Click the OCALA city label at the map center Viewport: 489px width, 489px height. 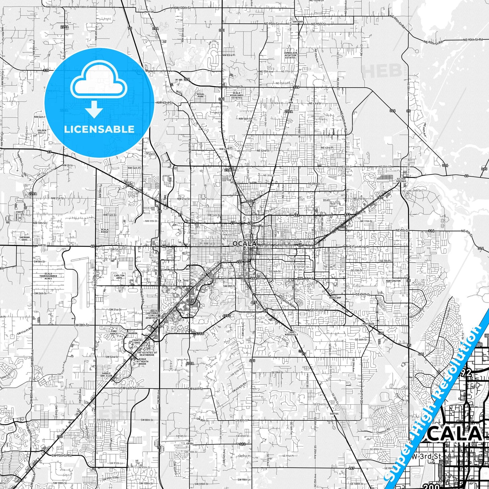click(x=244, y=244)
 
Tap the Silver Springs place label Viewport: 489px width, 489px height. click(x=401, y=180)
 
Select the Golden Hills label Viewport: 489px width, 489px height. click(x=42, y=132)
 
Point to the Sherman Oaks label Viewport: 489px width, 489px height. click(x=25, y=239)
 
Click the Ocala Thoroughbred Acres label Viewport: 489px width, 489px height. click(x=48, y=276)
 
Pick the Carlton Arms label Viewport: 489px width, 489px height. click(x=119, y=277)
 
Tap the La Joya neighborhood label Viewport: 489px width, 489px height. click(x=183, y=281)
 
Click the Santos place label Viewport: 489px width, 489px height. click(x=334, y=414)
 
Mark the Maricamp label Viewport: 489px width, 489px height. click(x=335, y=298)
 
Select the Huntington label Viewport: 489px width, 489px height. click(x=393, y=281)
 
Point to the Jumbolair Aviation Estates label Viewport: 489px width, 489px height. click(x=290, y=55)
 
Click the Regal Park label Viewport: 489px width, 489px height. click(x=201, y=95)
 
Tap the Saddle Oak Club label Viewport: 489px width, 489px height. click(x=107, y=375)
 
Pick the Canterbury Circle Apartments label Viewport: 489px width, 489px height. click(x=153, y=315)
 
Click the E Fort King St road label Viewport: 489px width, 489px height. click(x=359, y=247)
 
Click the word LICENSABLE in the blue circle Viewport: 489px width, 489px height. click(x=99, y=129)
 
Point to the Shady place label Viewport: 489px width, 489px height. click(x=190, y=444)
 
